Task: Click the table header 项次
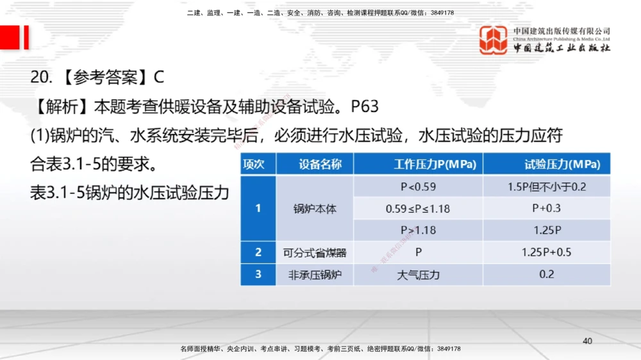pyautogui.click(x=254, y=164)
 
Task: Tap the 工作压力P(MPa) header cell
pyautogui.click(x=435, y=164)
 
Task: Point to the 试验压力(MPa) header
pyautogui.click(x=562, y=164)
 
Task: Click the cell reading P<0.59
pyautogui.click(x=418, y=187)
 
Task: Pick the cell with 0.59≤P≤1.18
pyautogui.click(x=418, y=208)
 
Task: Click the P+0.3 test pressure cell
pyautogui.click(x=546, y=208)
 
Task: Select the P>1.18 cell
pyautogui.click(x=418, y=230)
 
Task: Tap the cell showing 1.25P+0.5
pyautogui.click(x=546, y=252)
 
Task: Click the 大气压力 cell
pyautogui.click(x=418, y=275)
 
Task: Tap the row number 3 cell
pyautogui.click(x=258, y=275)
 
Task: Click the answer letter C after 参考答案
pyautogui.click(x=159, y=78)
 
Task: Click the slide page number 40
pyautogui.click(x=587, y=341)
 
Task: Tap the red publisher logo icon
pyautogui.click(x=493, y=40)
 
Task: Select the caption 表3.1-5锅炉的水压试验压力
pyautogui.click(x=129, y=193)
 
